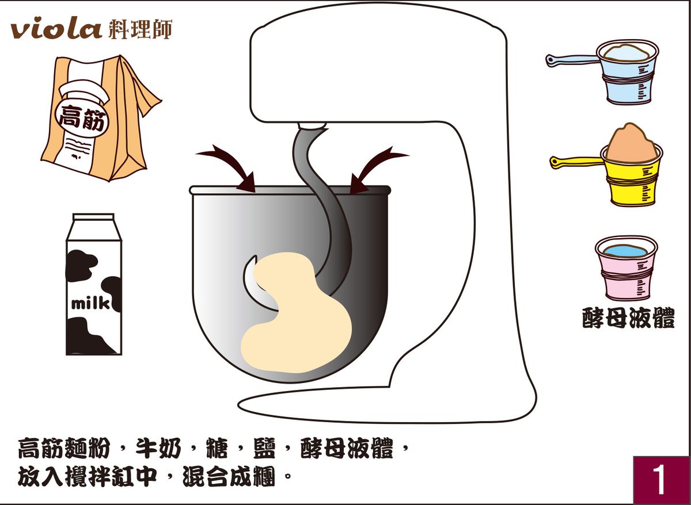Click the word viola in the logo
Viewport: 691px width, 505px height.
(x=56, y=30)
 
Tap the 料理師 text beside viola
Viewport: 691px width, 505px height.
(x=141, y=29)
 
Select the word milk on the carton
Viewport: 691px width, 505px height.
(x=90, y=304)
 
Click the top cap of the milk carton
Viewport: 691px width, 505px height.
(x=94, y=217)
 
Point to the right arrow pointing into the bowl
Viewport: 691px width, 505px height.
(x=375, y=169)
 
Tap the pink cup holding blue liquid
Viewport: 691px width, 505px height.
(x=627, y=267)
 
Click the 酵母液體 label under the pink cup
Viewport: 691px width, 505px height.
(x=628, y=318)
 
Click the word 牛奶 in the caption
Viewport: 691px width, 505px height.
(x=158, y=449)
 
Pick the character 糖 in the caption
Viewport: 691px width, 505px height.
(x=217, y=449)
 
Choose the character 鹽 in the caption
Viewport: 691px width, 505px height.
(x=264, y=449)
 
